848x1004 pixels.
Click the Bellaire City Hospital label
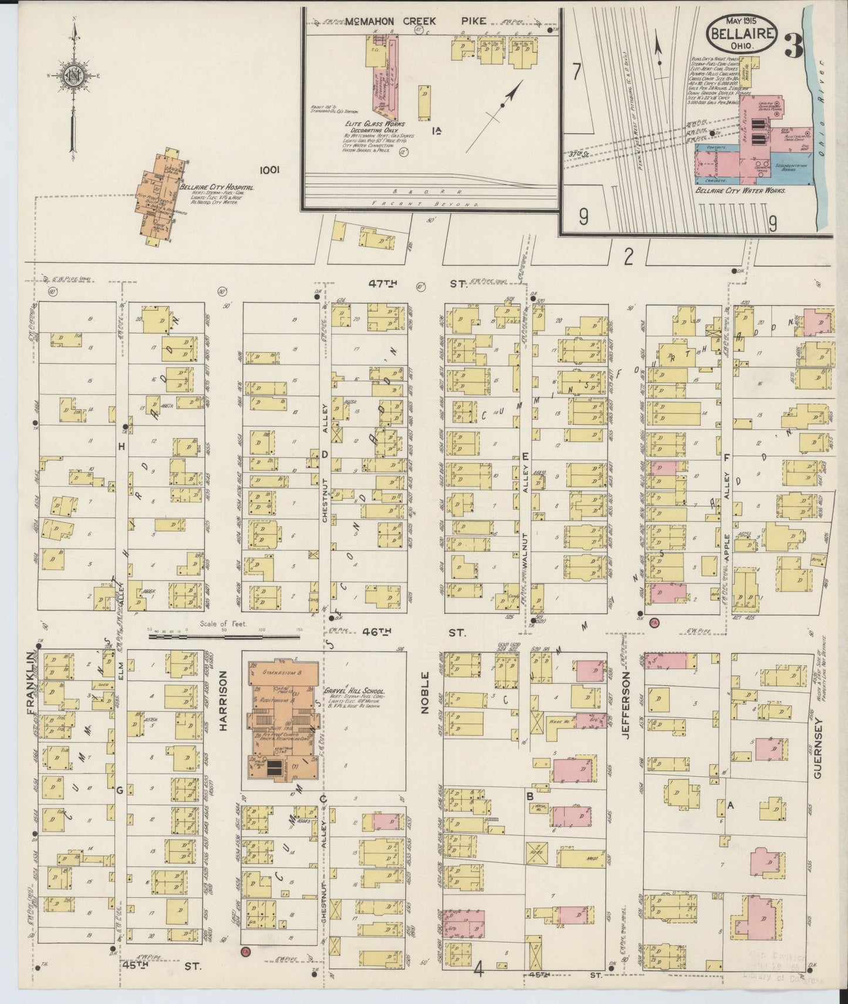[217, 187]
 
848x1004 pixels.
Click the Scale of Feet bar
[235, 635]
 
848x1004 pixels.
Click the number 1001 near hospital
[271, 170]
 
